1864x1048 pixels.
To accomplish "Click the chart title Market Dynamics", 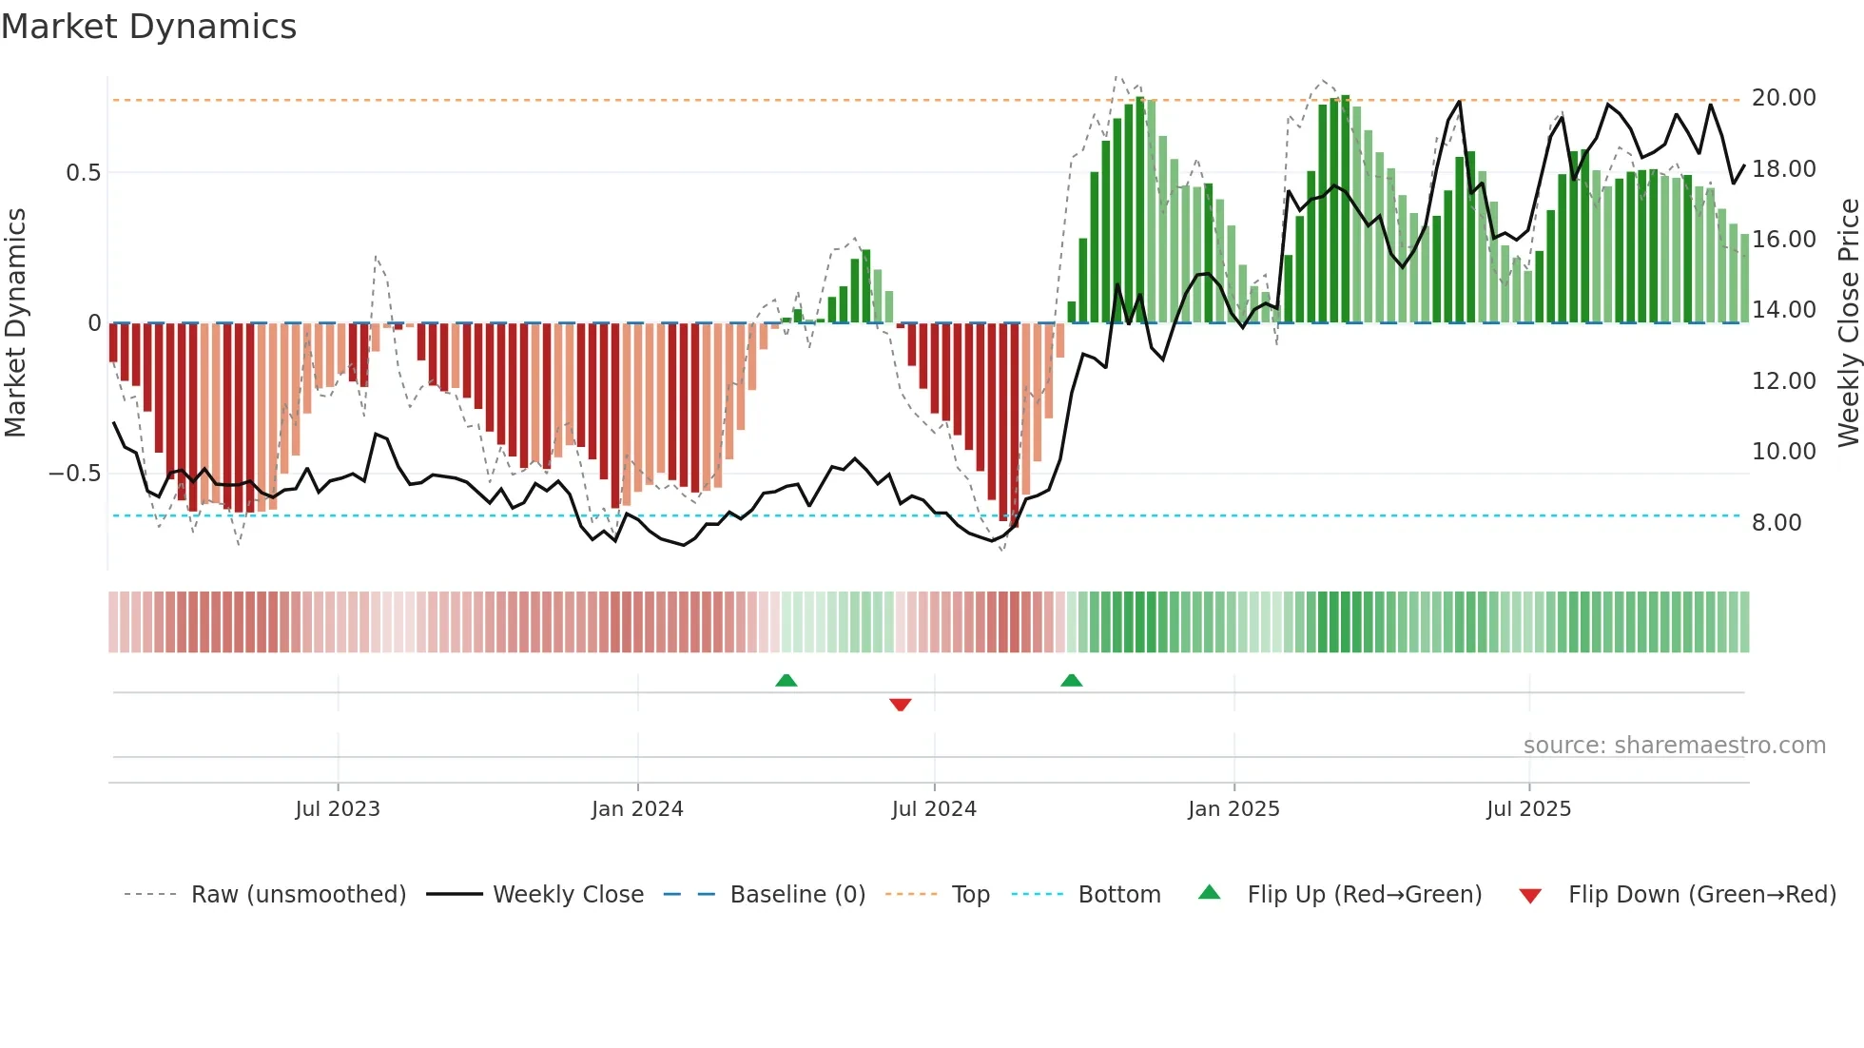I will [x=148, y=27].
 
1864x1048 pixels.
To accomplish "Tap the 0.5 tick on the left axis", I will [x=83, y=173].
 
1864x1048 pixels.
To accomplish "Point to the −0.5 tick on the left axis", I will [x=74, y=474].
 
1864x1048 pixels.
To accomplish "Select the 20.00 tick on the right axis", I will [x=1783, y=98].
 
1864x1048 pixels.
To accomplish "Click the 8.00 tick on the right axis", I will [x=1776, y=522].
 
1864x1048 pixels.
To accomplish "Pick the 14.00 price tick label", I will [x=1783, y=310].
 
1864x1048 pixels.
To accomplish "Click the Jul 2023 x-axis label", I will [x=337, y=808].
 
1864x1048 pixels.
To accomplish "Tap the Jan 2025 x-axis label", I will [x=1233, y=808].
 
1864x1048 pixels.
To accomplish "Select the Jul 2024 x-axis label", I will [x=933, y=808].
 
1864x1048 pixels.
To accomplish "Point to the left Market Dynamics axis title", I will [x=15, y=323].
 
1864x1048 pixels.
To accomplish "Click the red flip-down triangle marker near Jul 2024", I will [x=900, y=705].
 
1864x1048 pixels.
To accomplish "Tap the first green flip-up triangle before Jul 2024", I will [x=786, y=680].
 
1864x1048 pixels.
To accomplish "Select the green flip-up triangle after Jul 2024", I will [x=1071, y=680].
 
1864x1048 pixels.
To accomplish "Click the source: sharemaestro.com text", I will [x=1674, y=746].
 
